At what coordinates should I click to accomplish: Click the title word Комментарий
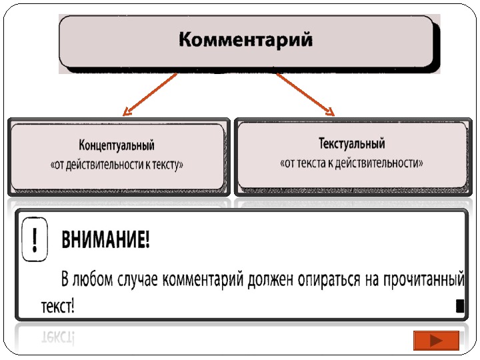[245, 39]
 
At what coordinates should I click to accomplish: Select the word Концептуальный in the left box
[117, 145]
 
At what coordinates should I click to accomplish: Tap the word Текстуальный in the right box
[351, 143]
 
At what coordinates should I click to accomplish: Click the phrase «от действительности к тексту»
[117, 165]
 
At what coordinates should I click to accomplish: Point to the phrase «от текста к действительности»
[351, 162]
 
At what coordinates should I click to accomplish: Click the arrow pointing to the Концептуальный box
[150, 94]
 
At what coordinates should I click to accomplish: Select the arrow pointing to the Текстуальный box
[305, 93]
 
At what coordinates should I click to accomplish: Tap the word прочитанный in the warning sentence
[421, 277]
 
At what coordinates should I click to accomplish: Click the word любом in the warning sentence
[94, 277]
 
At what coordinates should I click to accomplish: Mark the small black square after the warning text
[459, 305]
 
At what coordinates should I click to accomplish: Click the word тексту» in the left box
[166, 165]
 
